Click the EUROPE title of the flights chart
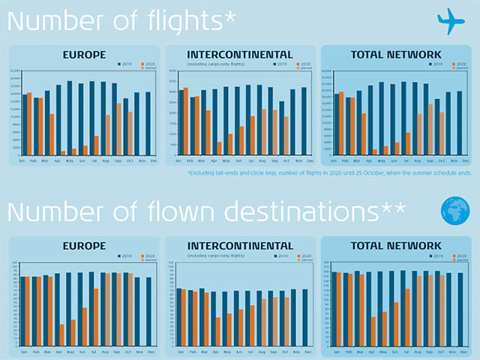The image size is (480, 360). pyautogui.click(x=83, y=54)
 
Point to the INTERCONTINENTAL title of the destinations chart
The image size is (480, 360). pyautogui.click(x=239, y=245)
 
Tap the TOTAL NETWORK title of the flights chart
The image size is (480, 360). pyautogui.click(x=396, y=54)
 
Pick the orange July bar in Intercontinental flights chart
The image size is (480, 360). pyautogui.click(x=253, y=136)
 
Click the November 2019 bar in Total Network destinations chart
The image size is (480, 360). pyautogui.click(x=449, y=308)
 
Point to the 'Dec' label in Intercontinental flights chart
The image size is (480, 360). pyautogui.click(x=304, y=161)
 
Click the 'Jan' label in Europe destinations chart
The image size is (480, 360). pyautogui.click(x=23, y=351)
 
